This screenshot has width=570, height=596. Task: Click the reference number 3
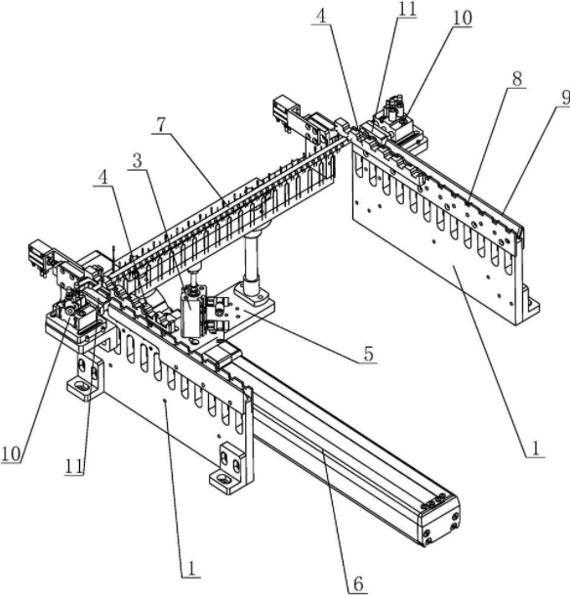tap(137, 161)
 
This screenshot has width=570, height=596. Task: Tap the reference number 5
tap(368, 354)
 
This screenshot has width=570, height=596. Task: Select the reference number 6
tap(358, 583)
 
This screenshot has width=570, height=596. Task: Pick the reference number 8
tap(516, 79)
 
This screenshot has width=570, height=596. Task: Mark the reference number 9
tap(565, 98)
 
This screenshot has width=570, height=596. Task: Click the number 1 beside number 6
tap(191, 569)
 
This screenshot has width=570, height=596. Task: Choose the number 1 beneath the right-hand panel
tap(536, 448)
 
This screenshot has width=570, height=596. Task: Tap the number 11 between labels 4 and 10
tap(407, 9)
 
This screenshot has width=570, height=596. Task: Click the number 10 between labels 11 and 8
tap(462, 18)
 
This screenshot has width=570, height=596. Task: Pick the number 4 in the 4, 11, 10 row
tap(322, 17)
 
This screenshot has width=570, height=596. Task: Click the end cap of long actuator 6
tap(440, 522)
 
